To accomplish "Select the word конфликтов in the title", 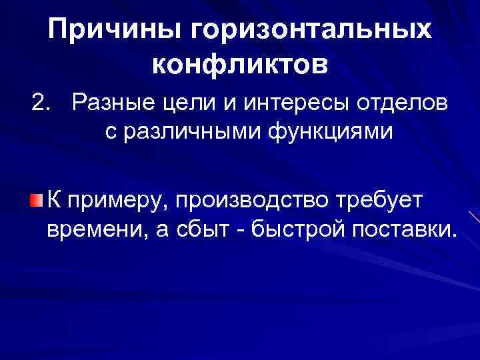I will [240, 65].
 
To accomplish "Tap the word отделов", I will [397, 104].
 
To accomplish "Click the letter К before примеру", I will [56, 200].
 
